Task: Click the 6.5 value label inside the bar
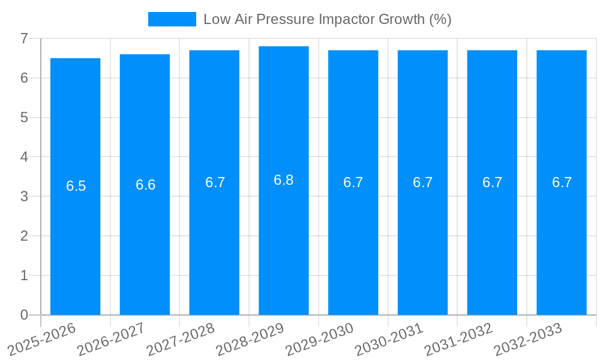click(76, 186)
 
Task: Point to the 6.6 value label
click(145, 185)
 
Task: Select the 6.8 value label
click(284, 180)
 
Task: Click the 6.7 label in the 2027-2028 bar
click(215, 182)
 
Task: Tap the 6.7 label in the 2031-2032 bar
click(492, 182)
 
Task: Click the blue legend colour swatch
click(172, 19)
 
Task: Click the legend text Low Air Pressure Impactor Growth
click(327, 19)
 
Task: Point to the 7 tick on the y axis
click(24, 38)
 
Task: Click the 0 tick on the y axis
click(24, 315)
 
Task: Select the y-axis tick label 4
click(24, 157)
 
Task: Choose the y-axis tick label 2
click(24, 236)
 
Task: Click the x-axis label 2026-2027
click(111, 338)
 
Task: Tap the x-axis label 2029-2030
click(319, 338)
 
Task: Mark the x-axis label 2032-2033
click(527, 338)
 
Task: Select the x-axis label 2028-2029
click(250, 338)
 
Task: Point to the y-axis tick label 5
click(24, 118)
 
